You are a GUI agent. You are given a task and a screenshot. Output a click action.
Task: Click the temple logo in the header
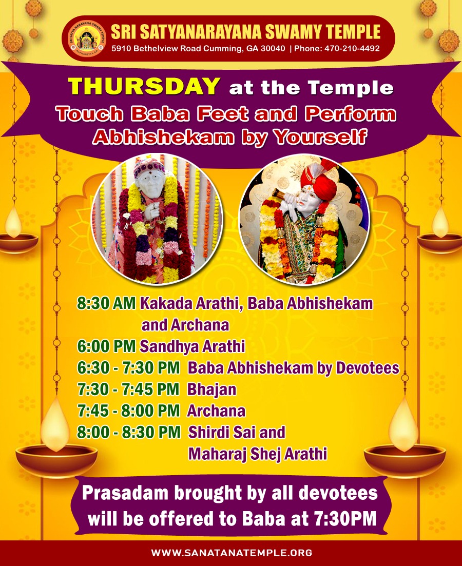tap(87, 39)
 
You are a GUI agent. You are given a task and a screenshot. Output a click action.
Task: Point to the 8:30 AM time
tap(107, 303)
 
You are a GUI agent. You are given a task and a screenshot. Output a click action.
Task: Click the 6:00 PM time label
tap(106, 346)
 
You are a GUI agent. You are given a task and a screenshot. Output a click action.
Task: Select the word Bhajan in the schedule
tap(211, 390)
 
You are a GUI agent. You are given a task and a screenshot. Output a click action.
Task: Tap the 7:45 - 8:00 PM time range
tap(129, 411)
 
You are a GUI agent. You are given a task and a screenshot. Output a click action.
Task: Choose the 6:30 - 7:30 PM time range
tap(129, 368)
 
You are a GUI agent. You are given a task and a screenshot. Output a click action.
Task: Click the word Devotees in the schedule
tap(368, 368)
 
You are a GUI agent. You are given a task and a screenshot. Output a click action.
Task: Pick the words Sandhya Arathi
tap(192, 346)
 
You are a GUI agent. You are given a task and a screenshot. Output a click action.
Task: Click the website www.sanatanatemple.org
tap(232, 552)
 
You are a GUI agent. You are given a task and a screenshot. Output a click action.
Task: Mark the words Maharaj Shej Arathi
tap(258, 454)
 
